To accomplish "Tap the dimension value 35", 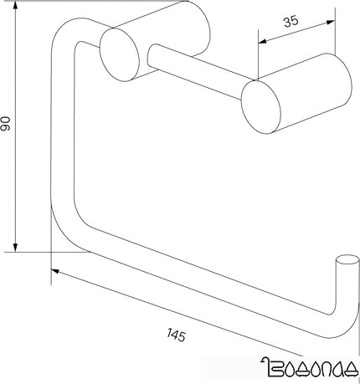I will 291,23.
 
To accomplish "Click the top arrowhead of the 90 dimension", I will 18,8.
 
